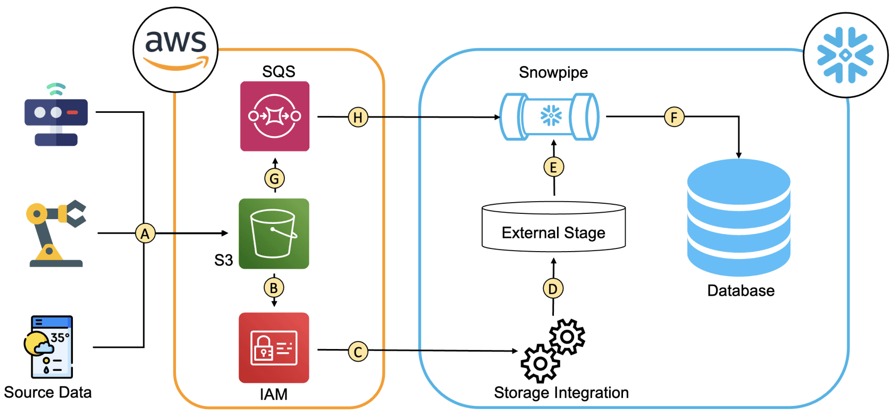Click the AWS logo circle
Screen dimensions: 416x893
click(x=175, y=49)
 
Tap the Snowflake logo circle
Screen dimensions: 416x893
click(x=845, y=55)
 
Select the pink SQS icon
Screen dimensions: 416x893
click(x=275, y=116)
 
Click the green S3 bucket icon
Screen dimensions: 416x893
click(x=274, y=234)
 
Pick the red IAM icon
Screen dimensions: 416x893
click(x=274, y=347)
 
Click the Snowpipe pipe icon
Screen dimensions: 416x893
click(x=551, y=117)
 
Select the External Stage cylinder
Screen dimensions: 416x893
click(x=553, y=227)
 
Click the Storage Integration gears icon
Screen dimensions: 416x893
click(x=553, y=350)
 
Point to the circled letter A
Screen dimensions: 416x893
click(x=145, y=234)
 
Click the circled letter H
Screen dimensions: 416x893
click(x=358, y=117)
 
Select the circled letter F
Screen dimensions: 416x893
click(x=674, y=117)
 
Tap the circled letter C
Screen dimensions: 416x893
click(x=358, y=352)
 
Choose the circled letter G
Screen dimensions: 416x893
click(x=274, y=179)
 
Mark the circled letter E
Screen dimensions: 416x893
click(x=553, y=167)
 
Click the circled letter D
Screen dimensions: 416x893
click(x=553, y=289)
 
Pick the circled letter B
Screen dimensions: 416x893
click(x=274, y=288)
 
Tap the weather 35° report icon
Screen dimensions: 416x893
click(x=49, y=347)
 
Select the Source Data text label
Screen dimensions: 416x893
click(x=48, y=393)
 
